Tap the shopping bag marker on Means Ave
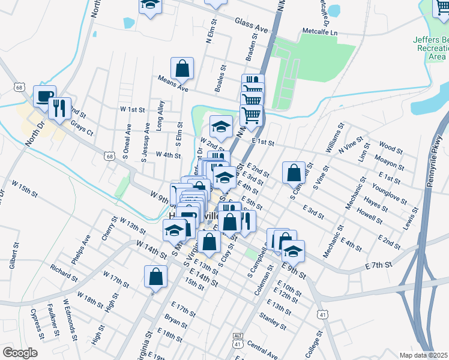[182, 68]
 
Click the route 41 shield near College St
[322, 314]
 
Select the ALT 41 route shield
[238, 340]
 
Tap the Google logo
[20, 353]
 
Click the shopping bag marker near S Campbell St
[294, 173]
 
